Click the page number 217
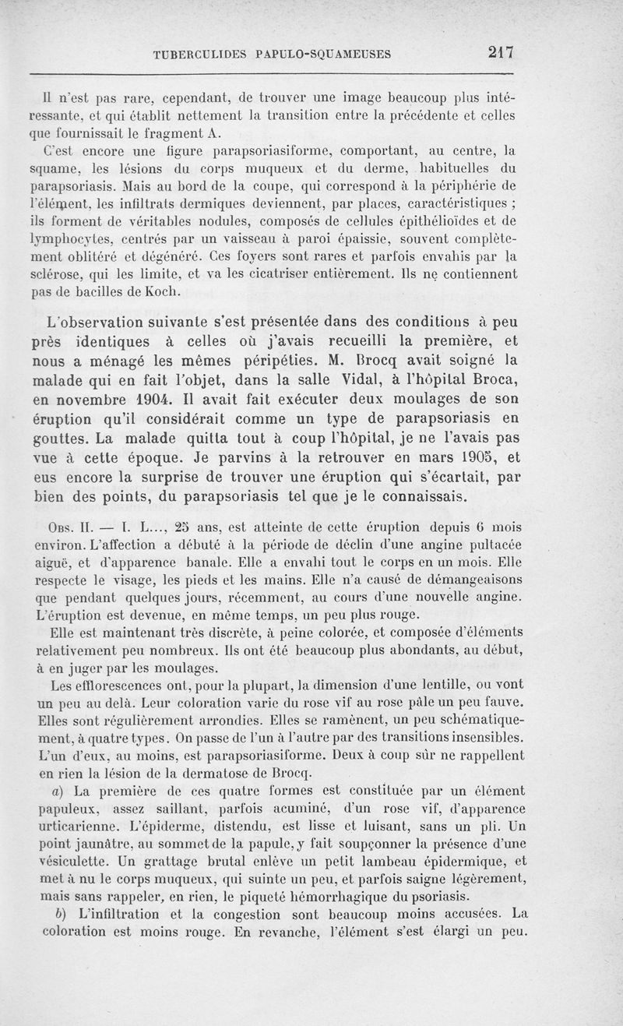click(500, 53)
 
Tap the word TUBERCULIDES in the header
click(199, 55)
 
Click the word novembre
click(107, 399)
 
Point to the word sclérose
click(70, 273)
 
